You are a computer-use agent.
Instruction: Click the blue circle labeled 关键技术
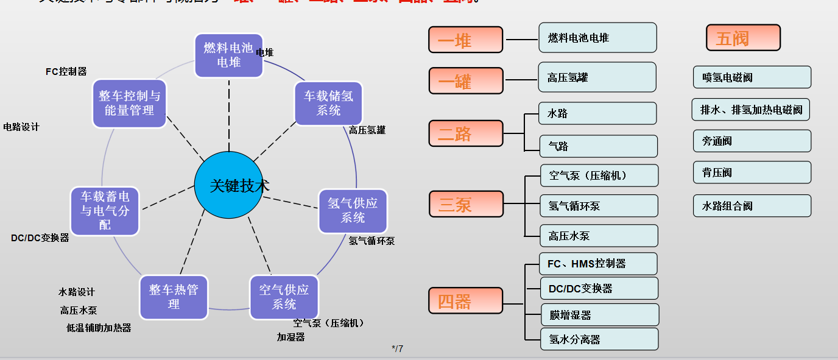tap(231, 186)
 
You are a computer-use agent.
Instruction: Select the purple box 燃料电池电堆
tap(228, 55)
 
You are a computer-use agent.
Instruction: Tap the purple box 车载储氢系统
tap(328, 103)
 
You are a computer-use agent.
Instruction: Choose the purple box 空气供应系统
tap(284, 297)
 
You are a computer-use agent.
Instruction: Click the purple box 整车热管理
tap(174, 297)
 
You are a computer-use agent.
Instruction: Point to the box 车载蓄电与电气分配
tap(105, 211)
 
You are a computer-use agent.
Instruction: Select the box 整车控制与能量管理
tap(129, 103)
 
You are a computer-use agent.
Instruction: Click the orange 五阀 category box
tap(743, 38)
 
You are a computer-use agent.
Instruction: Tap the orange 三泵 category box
tap(466, 203)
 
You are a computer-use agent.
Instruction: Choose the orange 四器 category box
tap(466, 300)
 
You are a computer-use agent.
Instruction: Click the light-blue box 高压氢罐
tap(597, 77)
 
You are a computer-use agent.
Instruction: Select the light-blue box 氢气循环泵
tap(599, 206)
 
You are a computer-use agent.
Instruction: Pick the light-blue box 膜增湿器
tap(599, 315)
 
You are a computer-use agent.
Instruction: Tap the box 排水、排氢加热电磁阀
tap(751, 110)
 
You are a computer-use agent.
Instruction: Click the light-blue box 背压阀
tap(752, 172)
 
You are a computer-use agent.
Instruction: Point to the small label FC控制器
tap(66, 72)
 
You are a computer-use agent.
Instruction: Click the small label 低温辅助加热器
tap(99, 328)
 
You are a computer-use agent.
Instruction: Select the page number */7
tap(397, 349)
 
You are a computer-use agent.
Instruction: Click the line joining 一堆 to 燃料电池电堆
tap(521, 40)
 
